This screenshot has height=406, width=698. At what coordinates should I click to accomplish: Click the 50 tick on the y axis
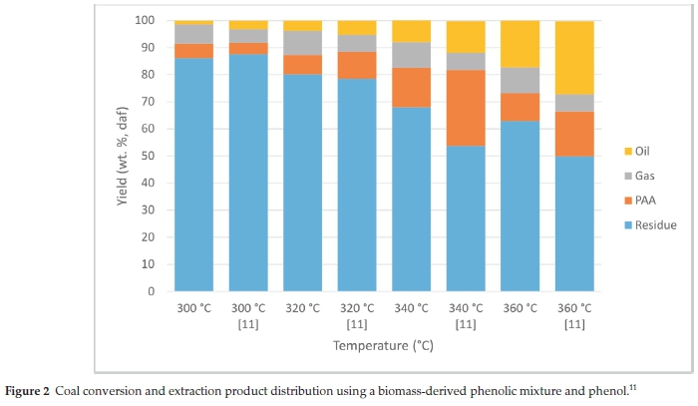[x=149, y=156]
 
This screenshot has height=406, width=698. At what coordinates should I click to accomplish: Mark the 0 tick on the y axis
[x=152, y=291]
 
